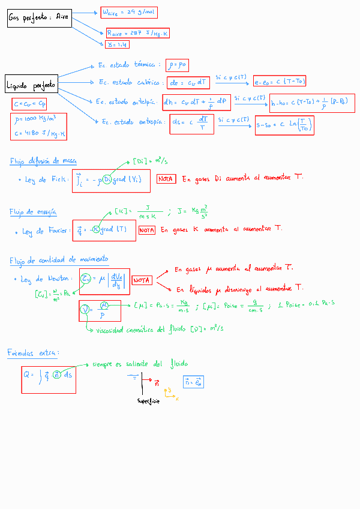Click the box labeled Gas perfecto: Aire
click(x=39, y=18)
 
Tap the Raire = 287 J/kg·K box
click(x=137, y=34)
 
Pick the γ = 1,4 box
click(x=117, y=44)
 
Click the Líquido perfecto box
click(x=31, y=86)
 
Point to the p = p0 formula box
click(x=179, y=64)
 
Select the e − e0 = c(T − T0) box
click(x=281, y=81)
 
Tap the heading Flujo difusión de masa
click(x=43, y=161)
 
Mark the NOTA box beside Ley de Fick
click(x=166, y=178)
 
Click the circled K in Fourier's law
click(x=95, y=229)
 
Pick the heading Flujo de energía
click(x=33, y=211)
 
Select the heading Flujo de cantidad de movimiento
click(x=59, y=260)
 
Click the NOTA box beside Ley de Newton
click(x=142, y=280)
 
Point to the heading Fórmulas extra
click(x=34, y=352)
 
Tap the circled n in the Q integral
click(x=56, y=375)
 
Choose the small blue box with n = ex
click(x=194, y=381)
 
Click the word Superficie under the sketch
click(x=148, y=400)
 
